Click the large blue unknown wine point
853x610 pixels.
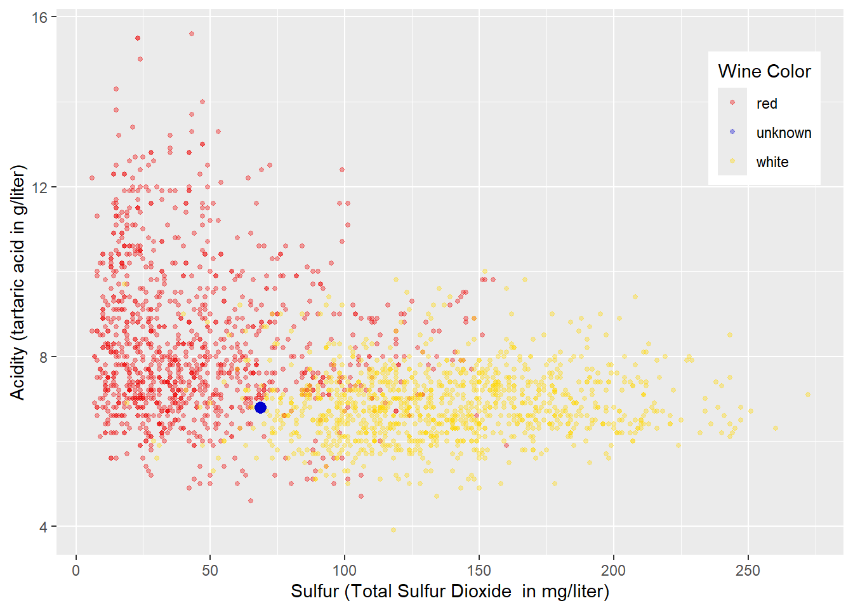pos(260,407)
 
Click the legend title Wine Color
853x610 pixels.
pos(764,71)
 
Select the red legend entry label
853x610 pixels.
pos(767,104)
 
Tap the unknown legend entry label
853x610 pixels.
pos(784,133)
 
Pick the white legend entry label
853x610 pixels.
pos(772,162)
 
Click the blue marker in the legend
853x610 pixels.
pos(732,132)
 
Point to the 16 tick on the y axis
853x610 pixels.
pos(40,17)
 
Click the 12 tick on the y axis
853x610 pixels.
pos(40,187)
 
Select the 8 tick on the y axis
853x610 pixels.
pos(44,357)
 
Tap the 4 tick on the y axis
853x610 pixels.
pos(44,527)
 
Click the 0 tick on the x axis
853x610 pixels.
pos(76,571)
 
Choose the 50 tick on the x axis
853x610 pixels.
pos(210,571)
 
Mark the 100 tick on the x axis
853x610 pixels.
pos(345,571)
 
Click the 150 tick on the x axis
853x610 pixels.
pos(479,571)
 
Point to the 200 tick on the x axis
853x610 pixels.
pos(613,571)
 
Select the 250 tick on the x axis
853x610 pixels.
pos(747,571)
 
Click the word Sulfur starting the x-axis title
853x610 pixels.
pos(315,592)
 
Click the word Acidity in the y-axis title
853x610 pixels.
pos(18,375)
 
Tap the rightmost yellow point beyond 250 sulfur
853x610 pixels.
pos(808,395)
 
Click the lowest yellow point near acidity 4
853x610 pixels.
pos(393,530)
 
